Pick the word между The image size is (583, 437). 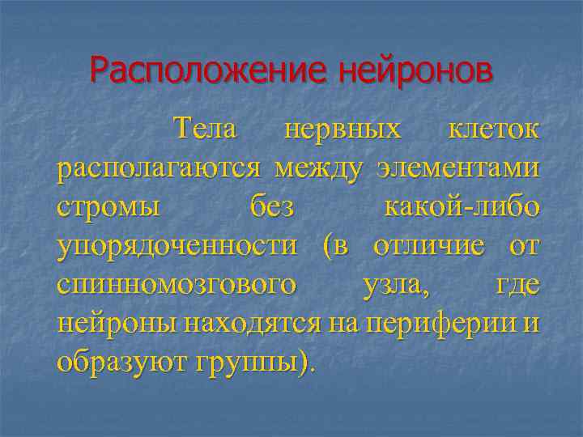320,168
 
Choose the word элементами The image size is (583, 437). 457,168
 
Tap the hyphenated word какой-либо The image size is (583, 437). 460,207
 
